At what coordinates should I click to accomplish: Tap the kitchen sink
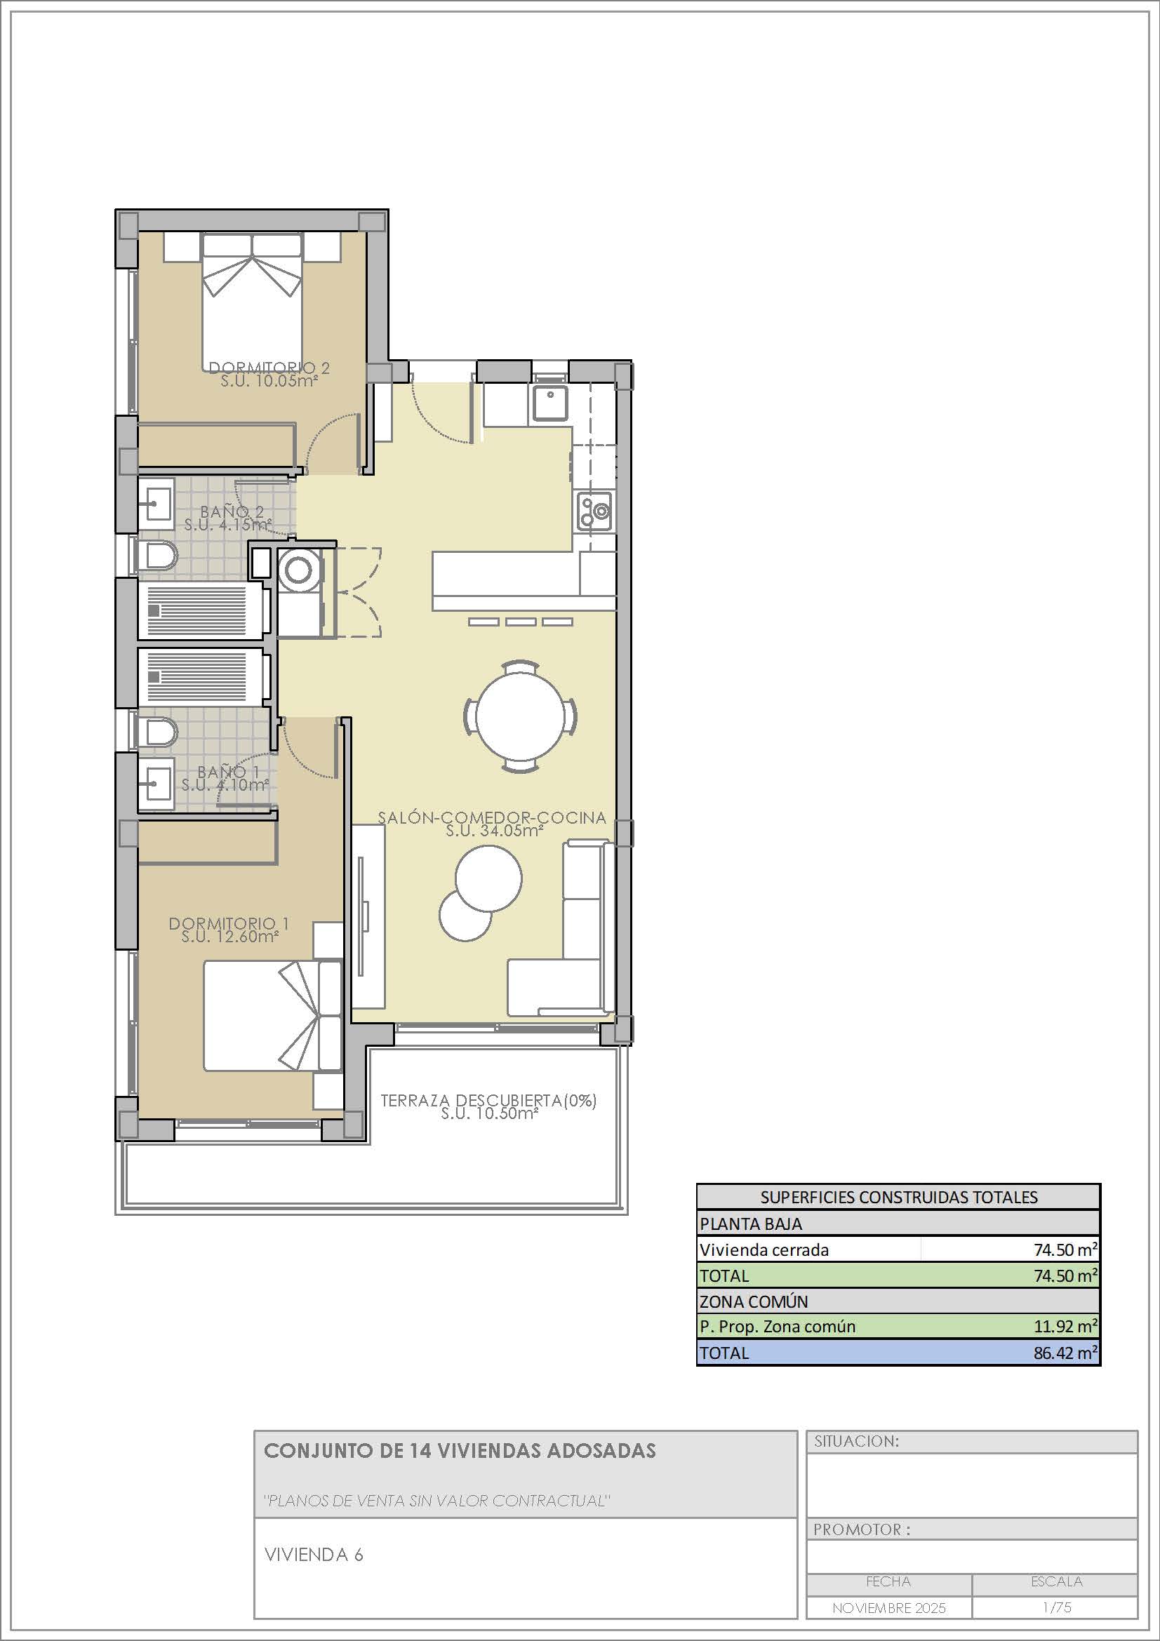[x=550, y=403]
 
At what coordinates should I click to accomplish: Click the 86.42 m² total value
[x=1065, y=1352]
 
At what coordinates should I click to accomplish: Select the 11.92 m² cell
[x=1065, y=1327]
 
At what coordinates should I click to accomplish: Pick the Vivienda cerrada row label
[x=764, y=1250]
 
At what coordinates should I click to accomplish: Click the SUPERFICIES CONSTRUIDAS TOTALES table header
[x=898, y=1197]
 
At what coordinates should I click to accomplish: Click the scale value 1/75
[x=1056, y=1607]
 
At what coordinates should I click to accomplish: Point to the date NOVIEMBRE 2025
[x=888, y=1608]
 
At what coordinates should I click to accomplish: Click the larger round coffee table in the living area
[x=488, y=878]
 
